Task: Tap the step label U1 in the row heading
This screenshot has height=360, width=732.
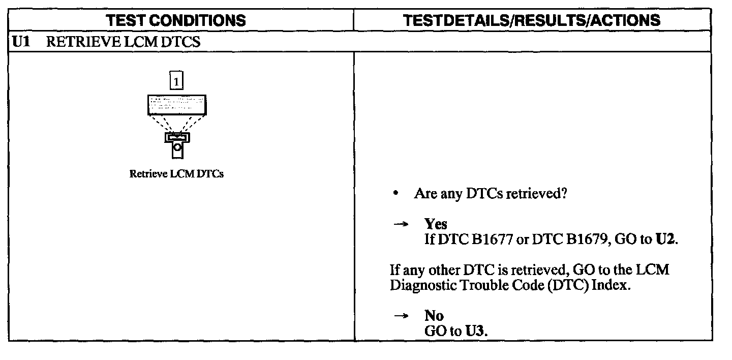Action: click(x=21, y=42)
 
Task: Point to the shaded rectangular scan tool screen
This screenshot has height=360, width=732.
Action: click(x=177, y=104)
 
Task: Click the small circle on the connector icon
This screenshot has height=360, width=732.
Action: click(x=177, y=147)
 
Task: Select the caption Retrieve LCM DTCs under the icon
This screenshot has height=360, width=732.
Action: click(x=176, y=174)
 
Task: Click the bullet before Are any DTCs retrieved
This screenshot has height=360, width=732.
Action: click(x=395, y=194)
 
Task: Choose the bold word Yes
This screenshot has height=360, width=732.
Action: click(x=436, y=224)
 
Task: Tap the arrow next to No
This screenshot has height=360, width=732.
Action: click(x=401, y=316)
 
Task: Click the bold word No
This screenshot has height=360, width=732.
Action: click(x=434, y=316)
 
